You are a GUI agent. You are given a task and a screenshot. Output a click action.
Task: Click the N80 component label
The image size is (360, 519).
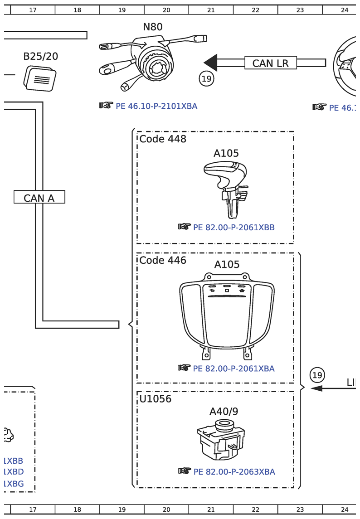click(152, 27)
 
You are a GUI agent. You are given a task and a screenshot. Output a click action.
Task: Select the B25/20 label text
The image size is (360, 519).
click(40, 57)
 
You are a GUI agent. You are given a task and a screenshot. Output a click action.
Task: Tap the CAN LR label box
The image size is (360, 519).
click(270, 63)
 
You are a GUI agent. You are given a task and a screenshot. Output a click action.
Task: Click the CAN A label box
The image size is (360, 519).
click(39, 198)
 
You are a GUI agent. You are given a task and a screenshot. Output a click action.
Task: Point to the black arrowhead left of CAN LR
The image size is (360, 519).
click(211, 63)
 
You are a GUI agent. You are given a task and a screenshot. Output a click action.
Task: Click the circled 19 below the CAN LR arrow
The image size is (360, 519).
click(206, 79)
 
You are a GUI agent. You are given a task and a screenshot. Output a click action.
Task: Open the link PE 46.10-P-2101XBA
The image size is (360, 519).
click(156, 107)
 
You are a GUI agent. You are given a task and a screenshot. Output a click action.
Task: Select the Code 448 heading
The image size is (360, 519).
click(162, 139)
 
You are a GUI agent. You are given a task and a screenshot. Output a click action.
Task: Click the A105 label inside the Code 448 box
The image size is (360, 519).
click(226, 154)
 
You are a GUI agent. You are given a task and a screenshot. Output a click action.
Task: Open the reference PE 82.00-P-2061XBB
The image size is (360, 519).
click(234, 228)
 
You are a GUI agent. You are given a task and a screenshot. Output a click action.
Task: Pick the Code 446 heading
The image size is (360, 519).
click(162, 261)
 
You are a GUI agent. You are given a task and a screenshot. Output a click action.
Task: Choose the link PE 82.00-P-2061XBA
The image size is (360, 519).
click(234, 369)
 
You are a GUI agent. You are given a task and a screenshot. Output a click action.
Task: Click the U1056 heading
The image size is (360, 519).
click(155, 399)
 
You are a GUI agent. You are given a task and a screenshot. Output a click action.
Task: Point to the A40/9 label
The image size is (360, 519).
click(224, 412)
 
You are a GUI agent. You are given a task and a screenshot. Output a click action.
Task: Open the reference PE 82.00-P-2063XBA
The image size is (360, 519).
click(234, 472)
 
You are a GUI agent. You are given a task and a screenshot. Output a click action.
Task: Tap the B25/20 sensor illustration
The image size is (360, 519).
click(40, 78)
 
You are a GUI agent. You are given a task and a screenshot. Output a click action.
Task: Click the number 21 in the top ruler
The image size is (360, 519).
click(211, 10)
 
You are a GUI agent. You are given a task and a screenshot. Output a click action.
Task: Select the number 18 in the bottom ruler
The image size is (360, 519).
click(78, 509)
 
